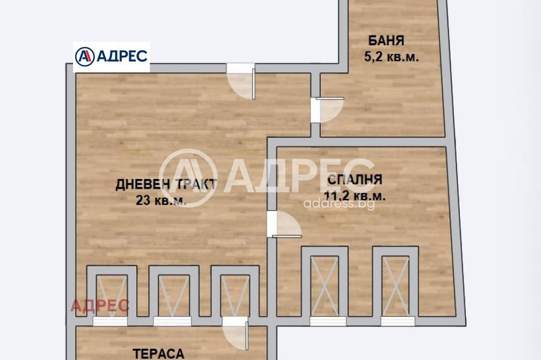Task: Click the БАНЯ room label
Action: tap(386, 41)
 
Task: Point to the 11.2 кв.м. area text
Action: tap(354, 196)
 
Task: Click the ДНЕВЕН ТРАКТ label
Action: tap(167, 184)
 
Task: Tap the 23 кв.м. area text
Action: tap(161, 201)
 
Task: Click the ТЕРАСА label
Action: tap(159, 354)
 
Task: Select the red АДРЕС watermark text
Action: tap(100, 306)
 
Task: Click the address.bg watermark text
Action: tap(339, 204)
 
